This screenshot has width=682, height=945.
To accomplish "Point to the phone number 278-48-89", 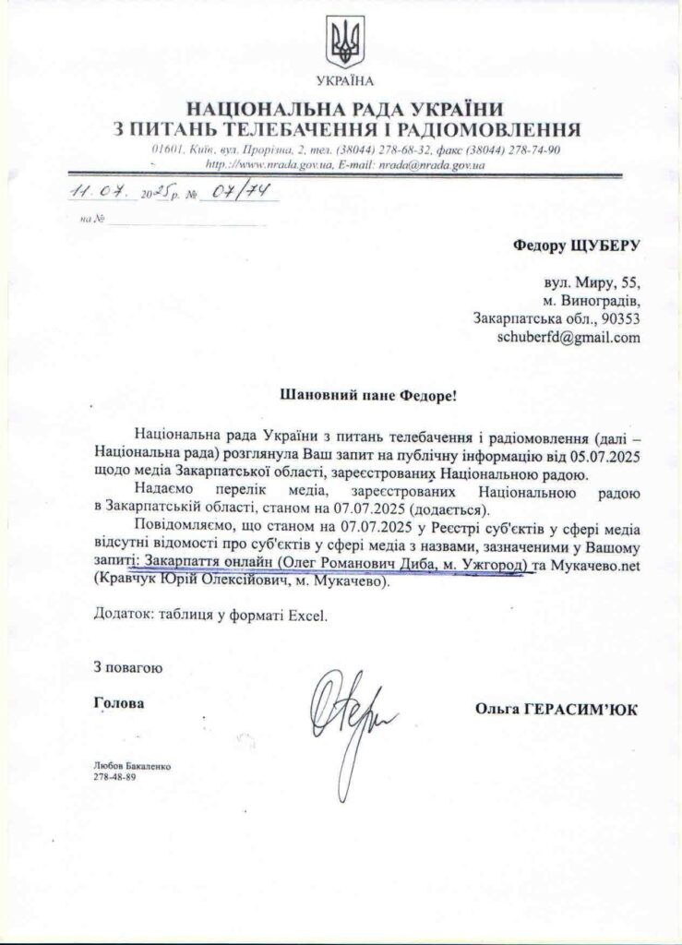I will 114,778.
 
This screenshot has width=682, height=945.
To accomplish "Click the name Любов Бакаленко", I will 133,767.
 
